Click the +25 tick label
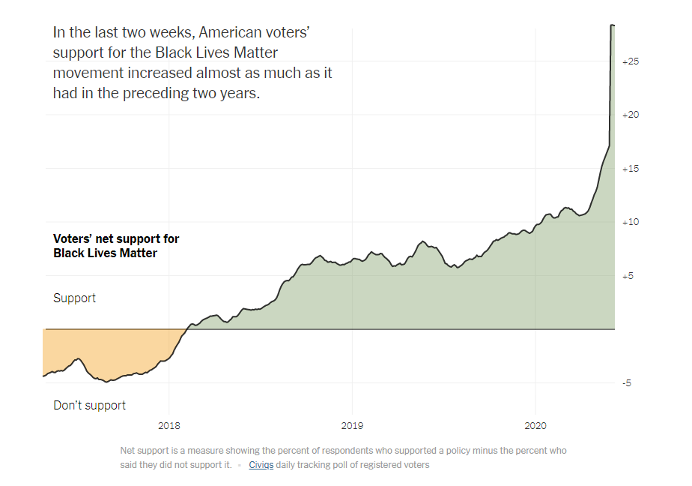click(x=630, y=61)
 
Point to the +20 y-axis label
click(x=630, y=115)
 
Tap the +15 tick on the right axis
click(x=630, y=169)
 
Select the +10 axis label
click(x=630, y=222)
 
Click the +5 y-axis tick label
click(x=628, y=276)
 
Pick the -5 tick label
click(x=626, y=383)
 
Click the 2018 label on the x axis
click(x=169, y=426)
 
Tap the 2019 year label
click(x=352, y=426)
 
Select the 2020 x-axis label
click(x=535, y=426)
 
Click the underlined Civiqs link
click(x=261, y=465)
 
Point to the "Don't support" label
click(x=89, y=406)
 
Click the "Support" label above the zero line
click(x=74, y=298)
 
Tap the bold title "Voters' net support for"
click(x=116, y=239)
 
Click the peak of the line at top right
click(x=612, y=25)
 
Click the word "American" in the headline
click(x=232, y=33)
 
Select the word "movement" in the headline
click(x=88, y=73)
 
